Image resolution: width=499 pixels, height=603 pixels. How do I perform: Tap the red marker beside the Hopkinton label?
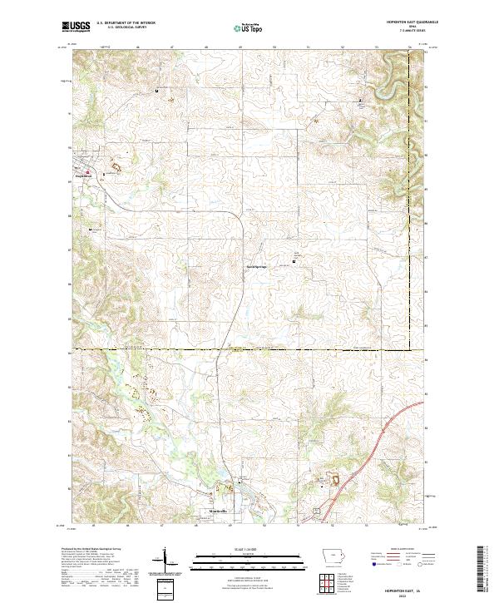[103, 174]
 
